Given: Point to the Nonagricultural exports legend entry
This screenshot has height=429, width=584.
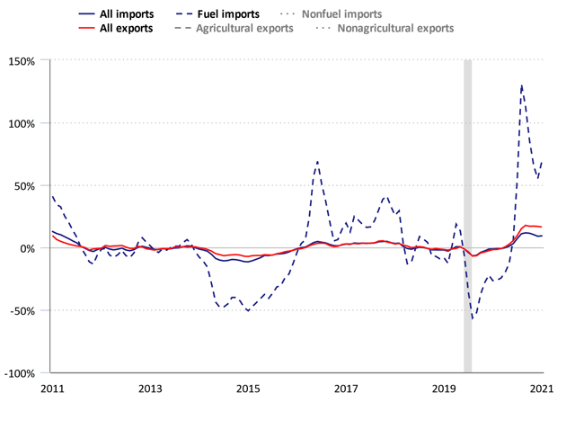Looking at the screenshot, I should (395, 28).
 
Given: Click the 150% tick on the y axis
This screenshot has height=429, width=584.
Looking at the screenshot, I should (22, 60).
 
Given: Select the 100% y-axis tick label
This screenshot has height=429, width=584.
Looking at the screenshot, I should (22, 123).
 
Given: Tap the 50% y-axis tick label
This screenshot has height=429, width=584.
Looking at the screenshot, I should (24, 185).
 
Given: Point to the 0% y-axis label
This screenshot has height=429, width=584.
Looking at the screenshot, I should (27, 248).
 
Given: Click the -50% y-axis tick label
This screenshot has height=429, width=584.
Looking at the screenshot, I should (22, 310).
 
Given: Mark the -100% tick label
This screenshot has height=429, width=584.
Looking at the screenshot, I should (20, 373).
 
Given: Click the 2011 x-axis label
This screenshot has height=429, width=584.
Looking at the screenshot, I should (51, 389).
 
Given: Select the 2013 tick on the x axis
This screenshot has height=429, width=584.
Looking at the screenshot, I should (149, 389).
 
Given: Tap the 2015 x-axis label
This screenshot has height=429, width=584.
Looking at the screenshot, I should (248, 389).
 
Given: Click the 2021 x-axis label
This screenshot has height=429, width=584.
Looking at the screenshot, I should (542, 389).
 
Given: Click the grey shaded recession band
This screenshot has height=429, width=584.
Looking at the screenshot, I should (467, 216).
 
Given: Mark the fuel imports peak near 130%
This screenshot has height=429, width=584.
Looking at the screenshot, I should (521, 86).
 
